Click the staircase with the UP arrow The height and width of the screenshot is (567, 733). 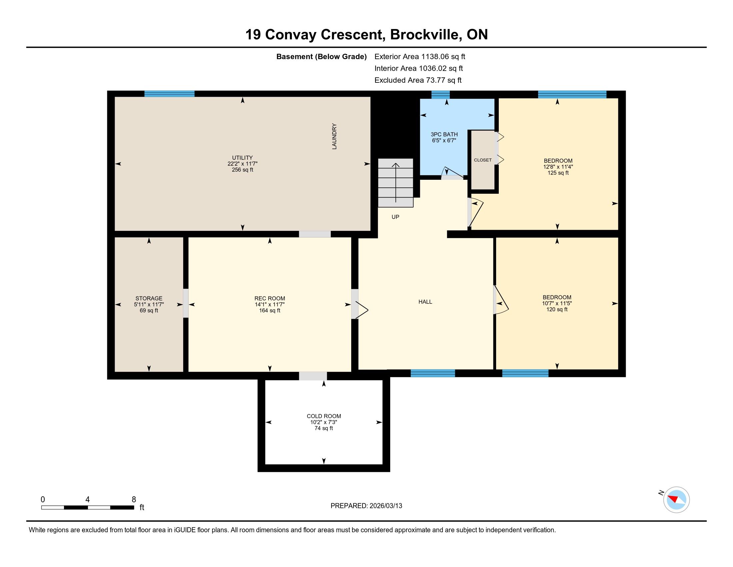tap(396, 183)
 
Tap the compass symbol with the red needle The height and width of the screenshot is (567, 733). tap(676, 500)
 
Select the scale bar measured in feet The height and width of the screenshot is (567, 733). tap(88, 507)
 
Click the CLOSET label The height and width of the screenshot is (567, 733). tap(483, 160)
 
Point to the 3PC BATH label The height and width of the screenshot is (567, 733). tap(444, 134)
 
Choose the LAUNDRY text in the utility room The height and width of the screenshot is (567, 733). tap(334, 136)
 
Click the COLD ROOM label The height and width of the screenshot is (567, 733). tap(324, 416)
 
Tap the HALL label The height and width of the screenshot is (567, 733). tap(425, 302)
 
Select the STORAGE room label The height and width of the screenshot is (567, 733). tap(149, 298)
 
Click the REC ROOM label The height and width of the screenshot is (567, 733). tap(270, 298)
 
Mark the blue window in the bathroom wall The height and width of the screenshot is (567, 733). tap(440, 95)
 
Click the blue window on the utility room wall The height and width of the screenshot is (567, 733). tap(170, 94)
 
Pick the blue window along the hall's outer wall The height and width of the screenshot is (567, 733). tap(433, 373)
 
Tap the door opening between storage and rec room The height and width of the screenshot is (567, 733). tap(186, 303)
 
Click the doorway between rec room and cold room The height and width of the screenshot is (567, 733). tap(313, 376)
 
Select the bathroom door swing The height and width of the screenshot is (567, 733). tap(452, 172)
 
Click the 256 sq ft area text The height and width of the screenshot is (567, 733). tap(242, 170)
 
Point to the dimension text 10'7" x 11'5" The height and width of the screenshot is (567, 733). tap(557, 303)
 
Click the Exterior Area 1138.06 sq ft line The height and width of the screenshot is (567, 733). tap(420, 56)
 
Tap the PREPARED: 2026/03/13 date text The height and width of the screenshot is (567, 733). tap(366, 506)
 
